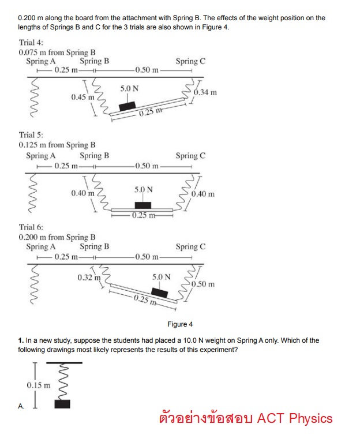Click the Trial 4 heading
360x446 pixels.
[31, 43]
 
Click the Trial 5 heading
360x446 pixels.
[31, 135]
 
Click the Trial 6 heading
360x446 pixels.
[31, 227]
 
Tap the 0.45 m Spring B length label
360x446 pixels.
[82, 97]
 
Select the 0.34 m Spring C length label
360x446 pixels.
[205, 92]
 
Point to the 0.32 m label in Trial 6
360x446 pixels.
[89, 278]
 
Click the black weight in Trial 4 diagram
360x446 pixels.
[127, 106]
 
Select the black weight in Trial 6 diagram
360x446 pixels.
[159, 293]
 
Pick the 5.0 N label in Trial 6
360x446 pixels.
[162, 277]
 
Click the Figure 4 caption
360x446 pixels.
[180, 324]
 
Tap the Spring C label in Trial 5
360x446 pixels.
[190, 156]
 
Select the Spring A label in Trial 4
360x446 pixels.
[41, 61]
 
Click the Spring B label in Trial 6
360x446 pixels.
[95, 247]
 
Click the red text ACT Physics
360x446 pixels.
[295, 418]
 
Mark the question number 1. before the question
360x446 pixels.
[21, 340]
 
